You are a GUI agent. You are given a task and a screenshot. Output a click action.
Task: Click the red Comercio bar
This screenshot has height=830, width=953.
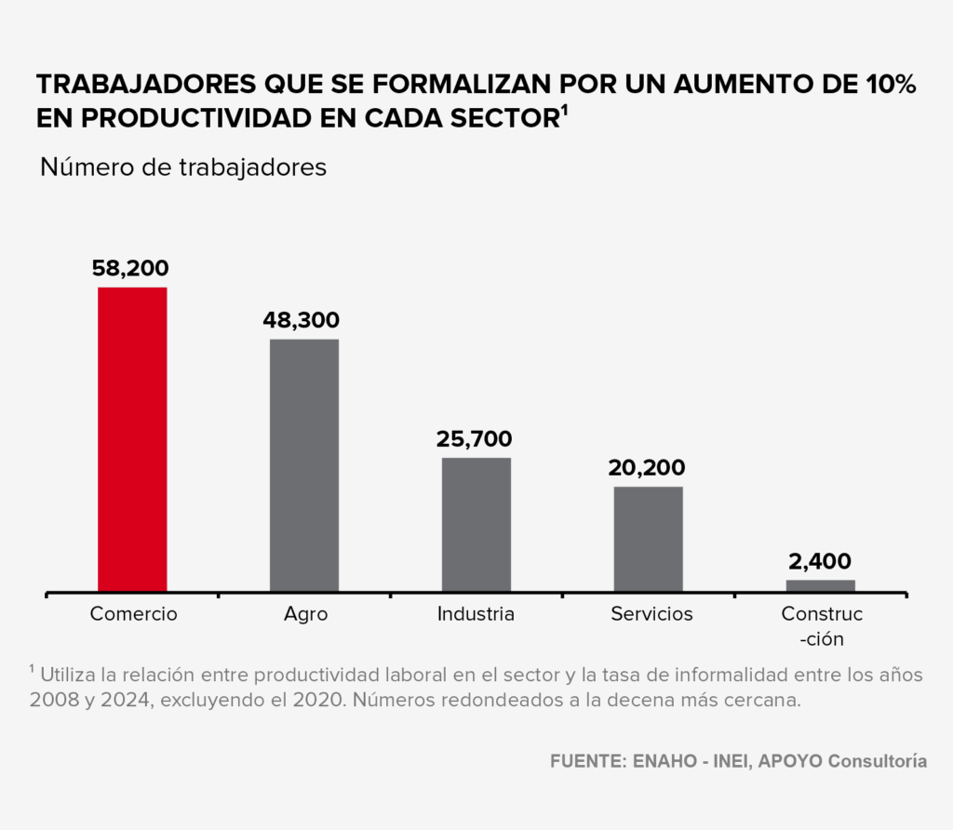coord(132,439)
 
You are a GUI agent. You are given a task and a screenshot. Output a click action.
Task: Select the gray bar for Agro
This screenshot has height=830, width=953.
coord(304,465)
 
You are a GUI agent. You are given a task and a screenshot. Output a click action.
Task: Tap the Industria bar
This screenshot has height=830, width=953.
coord(476,524)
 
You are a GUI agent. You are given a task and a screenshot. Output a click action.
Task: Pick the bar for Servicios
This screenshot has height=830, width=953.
coord(648,539)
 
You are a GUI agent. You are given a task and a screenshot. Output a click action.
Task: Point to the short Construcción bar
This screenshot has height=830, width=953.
coord(820,585)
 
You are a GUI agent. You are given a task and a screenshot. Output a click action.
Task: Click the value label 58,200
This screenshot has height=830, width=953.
coord(130,269)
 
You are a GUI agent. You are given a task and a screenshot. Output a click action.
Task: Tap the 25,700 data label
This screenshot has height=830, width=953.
coord(475,439)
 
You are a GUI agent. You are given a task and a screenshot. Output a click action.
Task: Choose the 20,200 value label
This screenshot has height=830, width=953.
coord(647,468)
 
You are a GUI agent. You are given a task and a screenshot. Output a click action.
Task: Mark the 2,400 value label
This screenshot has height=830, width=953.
coord(819,561)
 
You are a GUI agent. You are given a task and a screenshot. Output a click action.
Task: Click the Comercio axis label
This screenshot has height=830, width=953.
coord(133,614)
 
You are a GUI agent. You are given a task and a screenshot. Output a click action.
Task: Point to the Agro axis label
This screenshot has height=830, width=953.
coord(305,614)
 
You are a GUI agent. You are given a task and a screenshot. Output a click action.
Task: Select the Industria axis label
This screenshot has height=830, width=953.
coord(476,614)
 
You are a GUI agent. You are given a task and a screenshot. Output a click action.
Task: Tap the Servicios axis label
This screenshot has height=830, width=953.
coord(651,614)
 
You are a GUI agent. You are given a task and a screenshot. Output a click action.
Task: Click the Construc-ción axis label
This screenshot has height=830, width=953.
coord(821,626)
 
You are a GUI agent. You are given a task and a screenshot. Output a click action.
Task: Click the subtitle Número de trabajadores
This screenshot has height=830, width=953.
coord(183,167)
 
